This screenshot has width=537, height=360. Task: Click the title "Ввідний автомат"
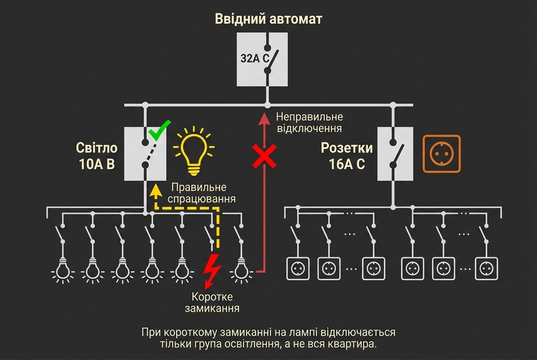[268, 19]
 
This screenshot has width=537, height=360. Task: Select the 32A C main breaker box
[263, 58]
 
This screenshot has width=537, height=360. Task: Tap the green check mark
[159, 130]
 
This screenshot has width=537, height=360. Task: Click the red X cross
[265, 155]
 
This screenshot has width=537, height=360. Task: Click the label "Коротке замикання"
[215, 303]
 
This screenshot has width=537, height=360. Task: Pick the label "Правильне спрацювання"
[203, 193]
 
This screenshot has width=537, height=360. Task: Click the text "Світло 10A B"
[96, 156]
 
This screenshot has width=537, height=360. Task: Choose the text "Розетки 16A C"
[347, 156]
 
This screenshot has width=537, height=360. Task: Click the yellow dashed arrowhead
[155, 188]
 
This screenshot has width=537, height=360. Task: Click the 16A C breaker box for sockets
[395, 153]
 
